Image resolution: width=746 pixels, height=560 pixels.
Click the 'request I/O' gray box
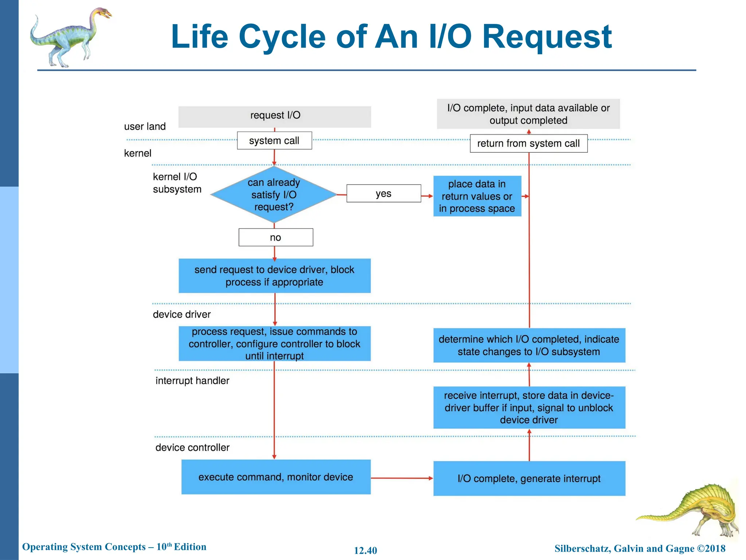[275, 117]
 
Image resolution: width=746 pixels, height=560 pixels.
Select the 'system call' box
[274, 141]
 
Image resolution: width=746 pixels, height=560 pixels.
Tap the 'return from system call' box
[528, 144]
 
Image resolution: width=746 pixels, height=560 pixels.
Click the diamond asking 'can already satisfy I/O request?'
[274, 195]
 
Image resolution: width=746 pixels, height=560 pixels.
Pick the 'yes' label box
[384, 194]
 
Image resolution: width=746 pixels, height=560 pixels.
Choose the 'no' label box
[276, 238]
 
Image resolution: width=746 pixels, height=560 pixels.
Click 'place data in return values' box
[477, 196]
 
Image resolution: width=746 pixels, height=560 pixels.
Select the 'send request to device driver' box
[274, 276]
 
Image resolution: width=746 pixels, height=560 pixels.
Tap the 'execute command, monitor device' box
[276, 477]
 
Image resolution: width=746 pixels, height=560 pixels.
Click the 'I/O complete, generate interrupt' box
[529, 478]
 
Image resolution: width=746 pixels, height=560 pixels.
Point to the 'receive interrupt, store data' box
[529, 408]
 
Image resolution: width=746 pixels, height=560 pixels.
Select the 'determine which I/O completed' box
[529, 345]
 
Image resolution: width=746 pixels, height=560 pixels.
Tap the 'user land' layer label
[145, 127]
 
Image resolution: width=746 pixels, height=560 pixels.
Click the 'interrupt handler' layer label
[192, 381]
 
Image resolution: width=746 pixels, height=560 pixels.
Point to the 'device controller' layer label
[192, 447]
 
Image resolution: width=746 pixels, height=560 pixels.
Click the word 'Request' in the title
[547, 37]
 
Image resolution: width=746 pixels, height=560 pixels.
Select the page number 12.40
[365, 551]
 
